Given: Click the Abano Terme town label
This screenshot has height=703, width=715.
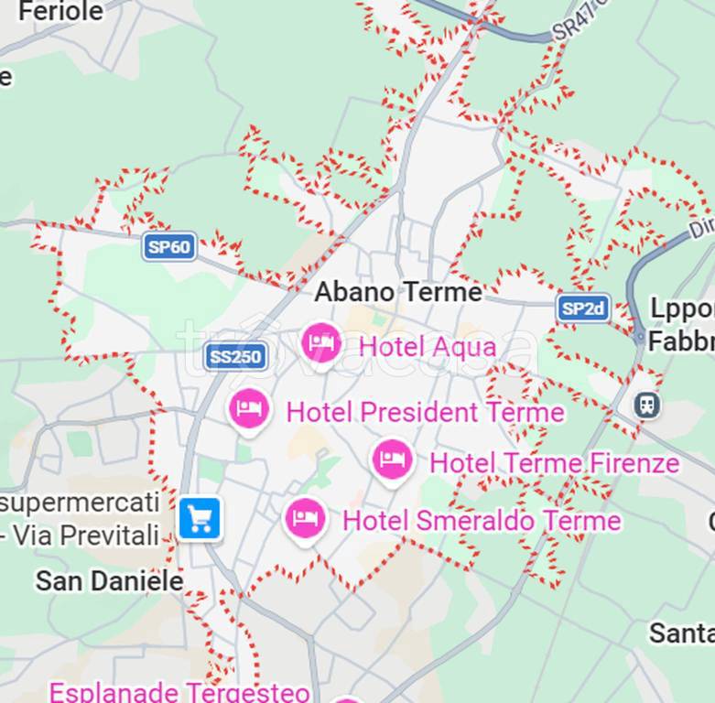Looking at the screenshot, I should [398, 292].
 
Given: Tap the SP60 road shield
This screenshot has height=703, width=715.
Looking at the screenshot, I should [169, 246].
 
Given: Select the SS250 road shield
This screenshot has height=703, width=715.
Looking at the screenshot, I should [235, 356].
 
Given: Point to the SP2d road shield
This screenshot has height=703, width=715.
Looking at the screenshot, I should [583, 308].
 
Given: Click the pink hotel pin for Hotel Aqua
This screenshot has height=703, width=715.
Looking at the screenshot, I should [321, 343].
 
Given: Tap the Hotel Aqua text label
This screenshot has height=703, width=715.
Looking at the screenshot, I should [428, 347].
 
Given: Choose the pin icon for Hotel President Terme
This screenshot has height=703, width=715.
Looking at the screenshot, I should [249, 408].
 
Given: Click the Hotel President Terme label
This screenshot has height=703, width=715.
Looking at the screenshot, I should [425, 412].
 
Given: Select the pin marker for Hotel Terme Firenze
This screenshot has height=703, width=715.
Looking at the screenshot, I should [393, 459].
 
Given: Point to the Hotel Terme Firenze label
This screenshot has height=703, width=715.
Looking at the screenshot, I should [554, 463].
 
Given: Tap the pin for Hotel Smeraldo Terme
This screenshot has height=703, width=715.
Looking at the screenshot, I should [305, 518].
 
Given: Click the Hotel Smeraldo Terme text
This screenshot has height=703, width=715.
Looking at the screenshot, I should [482, 521].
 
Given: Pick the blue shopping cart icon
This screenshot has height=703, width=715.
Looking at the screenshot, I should [200, 519].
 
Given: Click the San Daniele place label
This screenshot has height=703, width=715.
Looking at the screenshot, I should [109, 580].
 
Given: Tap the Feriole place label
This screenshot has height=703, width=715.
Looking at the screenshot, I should [60, 12].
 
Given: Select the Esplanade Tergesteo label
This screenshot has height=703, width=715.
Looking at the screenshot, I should [179, 691].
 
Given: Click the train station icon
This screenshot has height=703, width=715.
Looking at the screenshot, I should [647, 404].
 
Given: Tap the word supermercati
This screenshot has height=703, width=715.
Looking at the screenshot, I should [81, 503].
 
